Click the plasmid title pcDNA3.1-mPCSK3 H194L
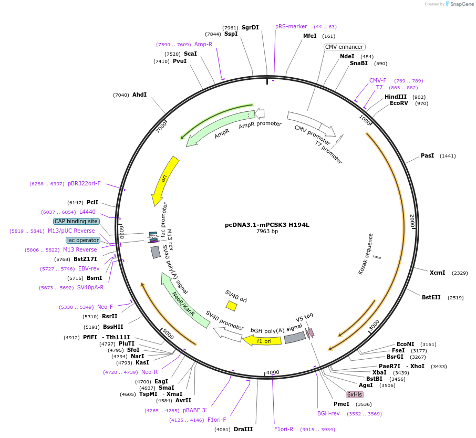[267, 225]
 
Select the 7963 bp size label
[267, 232]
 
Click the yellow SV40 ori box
[231, 305]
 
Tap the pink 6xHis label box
[355, 394]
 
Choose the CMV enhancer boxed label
[344, 47]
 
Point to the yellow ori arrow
[165, 181]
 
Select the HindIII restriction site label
[396, 97]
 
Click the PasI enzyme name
[427, 156]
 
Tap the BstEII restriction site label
[432, 297]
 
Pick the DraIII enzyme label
[243, 429]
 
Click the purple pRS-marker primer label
[291, 26]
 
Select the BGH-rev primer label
[328, 413]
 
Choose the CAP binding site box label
[76, 221]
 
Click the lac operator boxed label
[83, 240]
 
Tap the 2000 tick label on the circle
[412, 221]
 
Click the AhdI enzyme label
[139, 95]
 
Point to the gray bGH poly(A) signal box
[295, 338]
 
